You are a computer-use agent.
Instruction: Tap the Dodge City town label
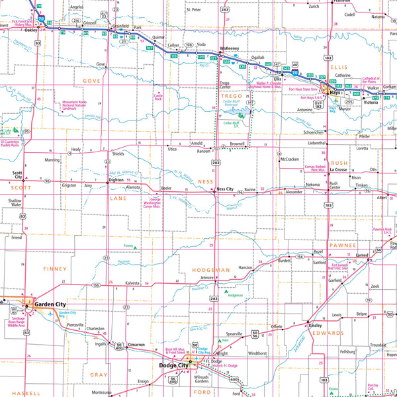pos(174,365)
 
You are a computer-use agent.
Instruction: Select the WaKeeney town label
pos(230,50)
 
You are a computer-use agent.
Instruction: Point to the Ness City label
pos(225,189)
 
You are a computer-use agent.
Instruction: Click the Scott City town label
pos(18,175)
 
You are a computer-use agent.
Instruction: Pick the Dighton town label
pos(116,179)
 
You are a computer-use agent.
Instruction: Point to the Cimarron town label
pos(136,345)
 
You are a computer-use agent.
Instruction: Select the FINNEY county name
pos(56,269)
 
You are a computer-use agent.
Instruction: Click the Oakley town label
pos(31,30)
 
